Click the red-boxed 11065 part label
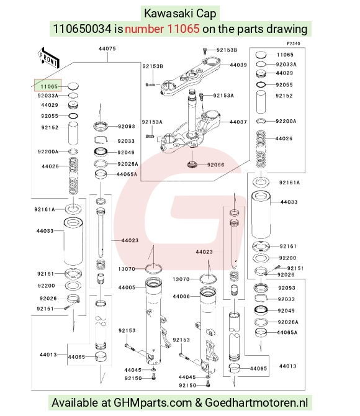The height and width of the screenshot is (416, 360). (x=49, y=86)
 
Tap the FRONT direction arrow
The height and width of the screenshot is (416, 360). (x=48, y=58)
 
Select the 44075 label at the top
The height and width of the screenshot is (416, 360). (x=107, y=48)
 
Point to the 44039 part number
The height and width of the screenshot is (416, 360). (x=238, y=65)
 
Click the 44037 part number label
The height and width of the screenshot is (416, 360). (x=238, y=122)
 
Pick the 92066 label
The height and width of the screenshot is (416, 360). (x=215, y=165)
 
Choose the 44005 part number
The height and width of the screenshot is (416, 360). (x=127, y=287)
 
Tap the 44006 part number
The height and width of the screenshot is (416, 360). (x=181, y=296)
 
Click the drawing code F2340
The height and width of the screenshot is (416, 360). (x=294, y=43)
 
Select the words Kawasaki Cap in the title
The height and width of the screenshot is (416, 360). (x=180, y=14)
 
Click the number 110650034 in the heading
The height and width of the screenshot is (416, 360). (x=82, y=29)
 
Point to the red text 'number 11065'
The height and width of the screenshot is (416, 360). (x=162, y=29)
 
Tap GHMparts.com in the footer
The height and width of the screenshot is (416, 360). (x=153, y=403)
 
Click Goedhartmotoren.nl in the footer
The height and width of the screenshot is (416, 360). (x=256, y=403)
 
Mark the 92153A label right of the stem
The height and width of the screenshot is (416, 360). (x=223, y=96)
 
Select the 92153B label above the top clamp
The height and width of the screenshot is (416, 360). (x=227, y=50)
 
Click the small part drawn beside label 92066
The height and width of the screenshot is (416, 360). (x=192, y=164)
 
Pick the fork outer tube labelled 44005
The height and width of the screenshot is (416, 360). (x=156, y=321)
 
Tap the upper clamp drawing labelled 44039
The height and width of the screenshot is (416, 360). (x=191, y=76)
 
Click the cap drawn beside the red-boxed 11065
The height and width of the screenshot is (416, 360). (x=73, y=86)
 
